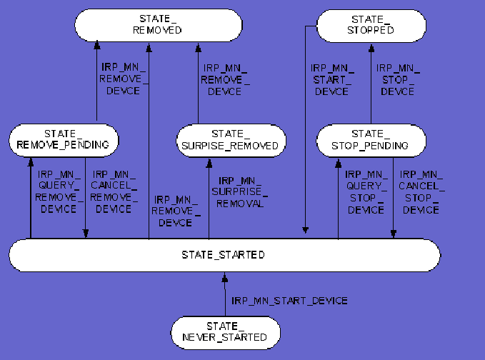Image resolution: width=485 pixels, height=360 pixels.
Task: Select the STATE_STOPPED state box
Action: tap(371, 25)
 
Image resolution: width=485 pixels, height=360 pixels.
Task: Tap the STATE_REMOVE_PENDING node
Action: tap(63, 139)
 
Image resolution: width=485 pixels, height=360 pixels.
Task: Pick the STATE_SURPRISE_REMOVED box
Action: tap(231, 139)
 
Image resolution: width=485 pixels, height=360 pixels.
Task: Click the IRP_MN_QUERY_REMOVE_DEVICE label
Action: tap(59, 192)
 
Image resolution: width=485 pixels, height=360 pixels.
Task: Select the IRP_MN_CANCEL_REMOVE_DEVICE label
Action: tap(114, 192)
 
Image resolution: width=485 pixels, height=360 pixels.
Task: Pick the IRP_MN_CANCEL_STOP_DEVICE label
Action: tap(421, 192)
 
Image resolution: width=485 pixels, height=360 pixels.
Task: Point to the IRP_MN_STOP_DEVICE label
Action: tap(398, 79)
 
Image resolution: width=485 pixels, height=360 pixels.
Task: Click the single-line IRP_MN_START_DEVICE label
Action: tap(289, 300)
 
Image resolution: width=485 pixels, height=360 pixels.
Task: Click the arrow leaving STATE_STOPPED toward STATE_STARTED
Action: tap(305, 143)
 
